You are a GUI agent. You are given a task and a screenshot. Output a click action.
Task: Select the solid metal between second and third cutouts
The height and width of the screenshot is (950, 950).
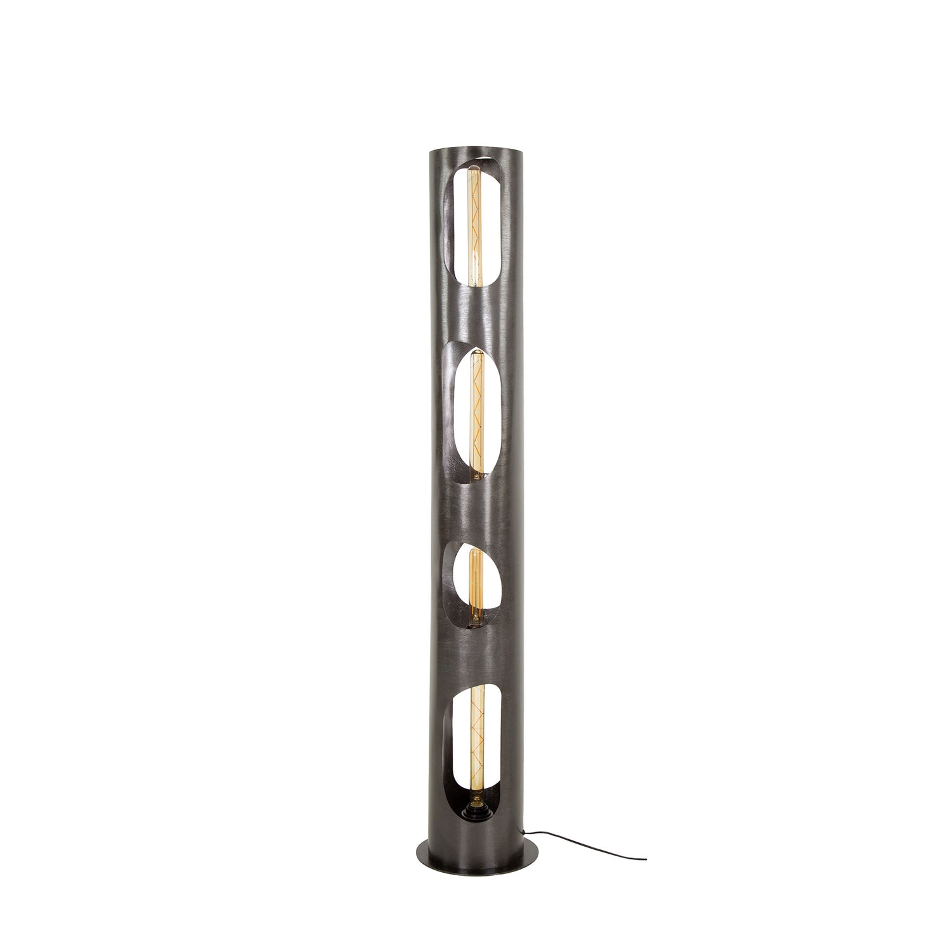[x=475, y=507]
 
